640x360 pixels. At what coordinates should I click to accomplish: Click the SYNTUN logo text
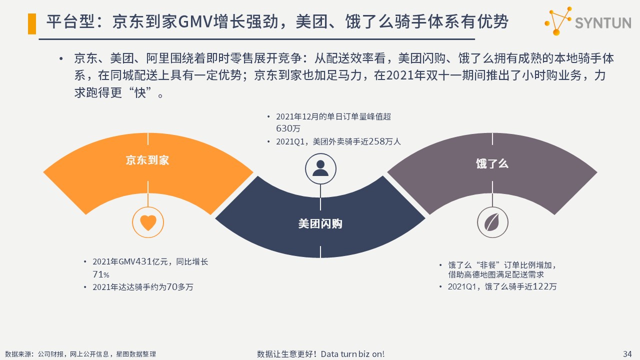pos(603,23)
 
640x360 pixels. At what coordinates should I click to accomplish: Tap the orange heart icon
pos(148,222)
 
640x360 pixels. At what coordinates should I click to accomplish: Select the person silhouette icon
pos(320,168)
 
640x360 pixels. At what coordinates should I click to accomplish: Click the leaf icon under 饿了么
pos(492,222)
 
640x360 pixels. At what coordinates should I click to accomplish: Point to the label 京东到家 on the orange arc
pos(147,160)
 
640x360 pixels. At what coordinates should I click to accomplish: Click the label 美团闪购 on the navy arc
pos(320,223)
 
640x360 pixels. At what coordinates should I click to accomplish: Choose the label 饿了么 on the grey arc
pos(492,163)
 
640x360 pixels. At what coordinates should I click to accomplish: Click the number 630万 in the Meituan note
pos(288,128)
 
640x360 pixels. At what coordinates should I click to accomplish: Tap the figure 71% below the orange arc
pos(101,274)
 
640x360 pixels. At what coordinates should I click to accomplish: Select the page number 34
pos(627,354)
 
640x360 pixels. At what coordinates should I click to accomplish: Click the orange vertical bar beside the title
pos(32,23)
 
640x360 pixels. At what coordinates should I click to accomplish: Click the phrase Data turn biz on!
pos(352,354)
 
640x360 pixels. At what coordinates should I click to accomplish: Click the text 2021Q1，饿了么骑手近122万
pos(502,286)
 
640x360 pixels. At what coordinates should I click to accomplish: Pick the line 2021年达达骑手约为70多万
pos(143,287)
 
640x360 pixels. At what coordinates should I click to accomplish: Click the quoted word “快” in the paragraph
pos(139,92)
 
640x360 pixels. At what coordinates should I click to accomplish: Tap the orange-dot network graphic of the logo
pos(558,21)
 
